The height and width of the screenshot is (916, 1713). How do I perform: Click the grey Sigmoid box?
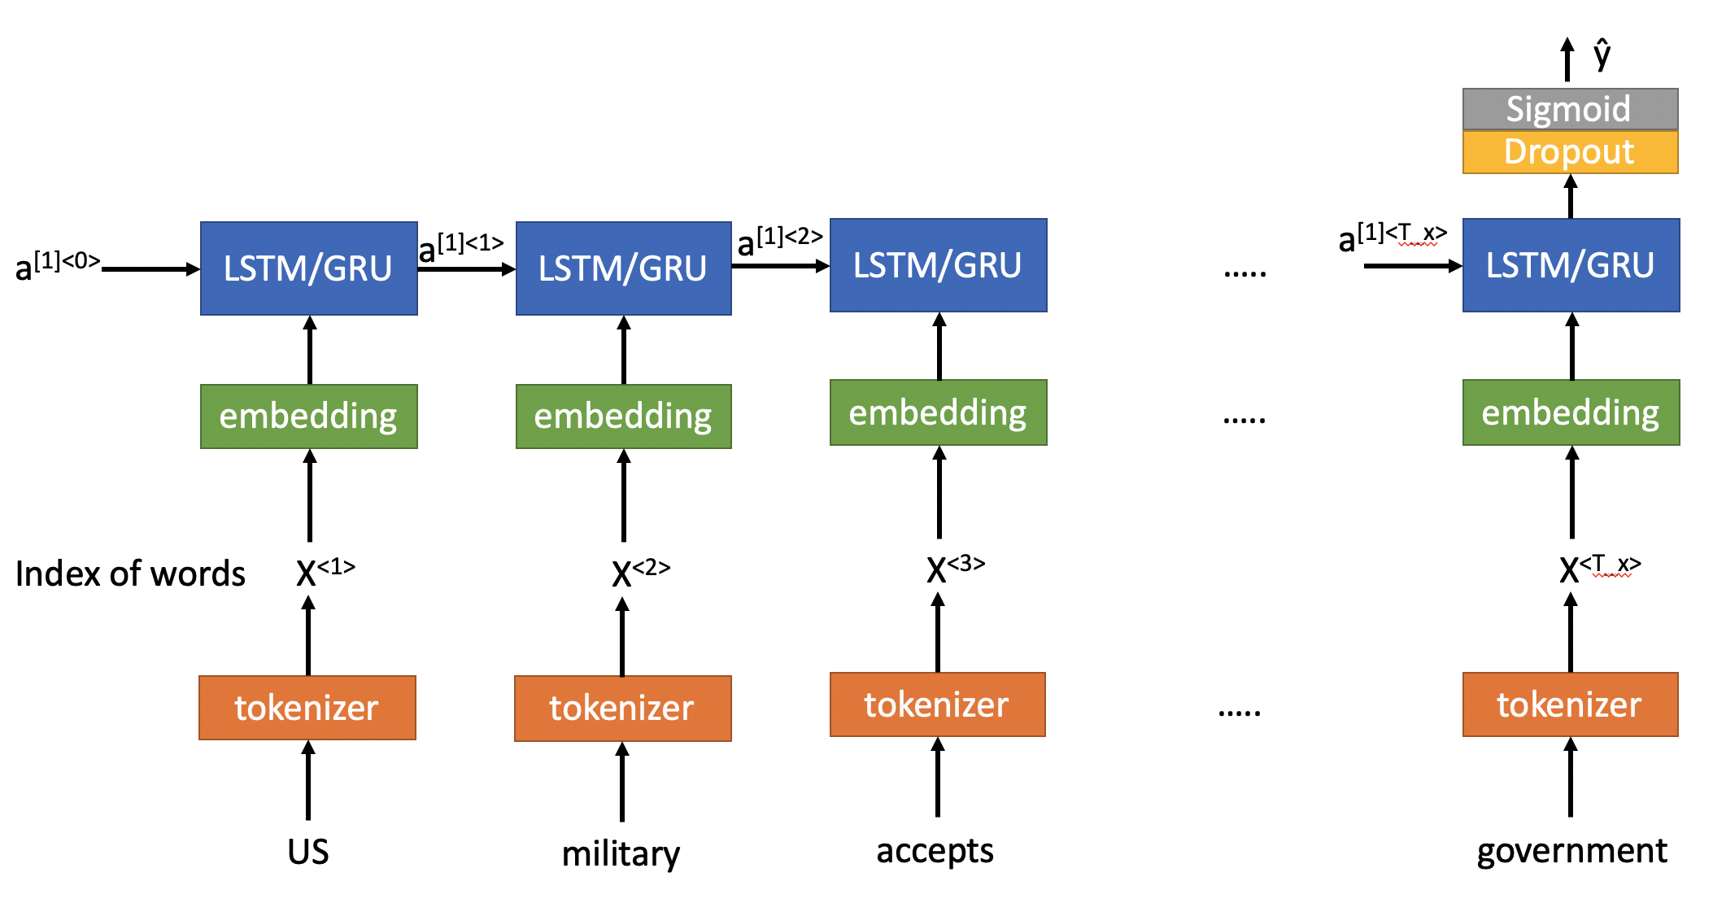pyautogui.click(x=1570, y=109)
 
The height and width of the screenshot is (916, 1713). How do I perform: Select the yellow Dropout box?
pyautogui.click(x=1570, y=152)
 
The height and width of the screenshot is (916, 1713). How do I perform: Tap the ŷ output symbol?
pyautogui.click(x=1602, y=55)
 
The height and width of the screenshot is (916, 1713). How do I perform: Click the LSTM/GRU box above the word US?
pyautogui.click(x=309, y=268)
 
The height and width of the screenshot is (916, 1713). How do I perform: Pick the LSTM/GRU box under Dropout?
pyautogui.click(x=1571, y=265)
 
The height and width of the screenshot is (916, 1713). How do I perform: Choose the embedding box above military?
pyautogui.click(x=624, y=417)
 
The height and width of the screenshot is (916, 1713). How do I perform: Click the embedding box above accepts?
pyautogui.click(x=938, y=412)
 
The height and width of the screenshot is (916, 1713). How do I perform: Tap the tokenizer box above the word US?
pyautogui.click(x=307, y=708)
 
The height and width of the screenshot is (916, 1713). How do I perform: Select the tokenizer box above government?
pyautogui.click(x=1570, y=704)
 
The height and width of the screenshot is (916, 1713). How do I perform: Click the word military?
pyautogui.click(x=621, y=854)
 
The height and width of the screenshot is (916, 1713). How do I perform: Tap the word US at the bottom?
pyautogui.click(x=308, y=852)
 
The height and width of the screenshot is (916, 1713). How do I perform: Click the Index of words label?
pyautogui.click(x=130, y=574)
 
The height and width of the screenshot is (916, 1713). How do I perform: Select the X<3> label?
pyautogui.click(x=955, y=568)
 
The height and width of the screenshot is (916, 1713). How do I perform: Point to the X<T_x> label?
pyautogui.click(x=1599, y=568)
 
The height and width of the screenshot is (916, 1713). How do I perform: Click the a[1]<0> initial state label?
pyautogui.click(x=57, y=265)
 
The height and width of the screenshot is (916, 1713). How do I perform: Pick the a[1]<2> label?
pyautogui.click(x=779, y=241)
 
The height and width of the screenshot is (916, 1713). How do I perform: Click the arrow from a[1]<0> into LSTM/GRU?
pyautogui.click(x=151, y=269)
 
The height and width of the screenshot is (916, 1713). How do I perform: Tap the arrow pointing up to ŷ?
pyautogui.click(x=1567, y=59)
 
